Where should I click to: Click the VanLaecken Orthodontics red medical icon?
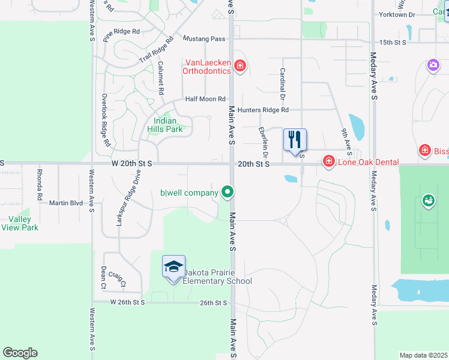[240, 65]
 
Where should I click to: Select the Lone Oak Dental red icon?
[328, 161]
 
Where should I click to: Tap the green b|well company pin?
[228, 193]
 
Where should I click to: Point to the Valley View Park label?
[20, 223]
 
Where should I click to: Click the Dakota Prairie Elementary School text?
[216, 276]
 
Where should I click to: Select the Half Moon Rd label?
[205, 99]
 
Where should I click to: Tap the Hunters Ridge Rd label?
[263, 110]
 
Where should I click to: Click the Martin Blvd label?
[66, 203]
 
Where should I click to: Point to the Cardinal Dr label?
[282, 83]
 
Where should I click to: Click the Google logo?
[20, 353]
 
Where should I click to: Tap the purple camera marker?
[433, 65]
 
